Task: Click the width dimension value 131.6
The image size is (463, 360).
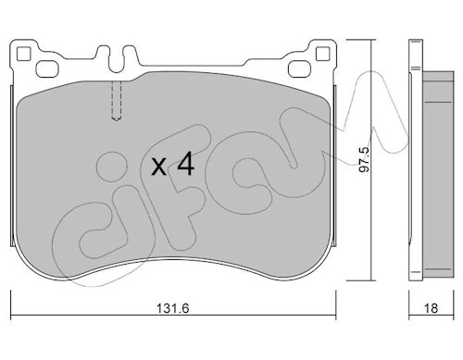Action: (172, 308)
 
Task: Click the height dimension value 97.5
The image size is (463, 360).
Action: (364, 159)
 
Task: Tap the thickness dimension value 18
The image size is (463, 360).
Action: (431, 308)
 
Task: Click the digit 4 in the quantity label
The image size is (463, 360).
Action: (185, 164)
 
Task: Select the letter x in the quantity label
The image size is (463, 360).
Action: (159, 168)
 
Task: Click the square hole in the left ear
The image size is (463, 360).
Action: (24, 54)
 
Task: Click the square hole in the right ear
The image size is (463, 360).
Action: (323, 54)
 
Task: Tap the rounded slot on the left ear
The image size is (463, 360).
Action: (47, 68)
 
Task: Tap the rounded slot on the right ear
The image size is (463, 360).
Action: (299, 68)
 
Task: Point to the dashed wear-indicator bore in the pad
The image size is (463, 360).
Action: (116, 101)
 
